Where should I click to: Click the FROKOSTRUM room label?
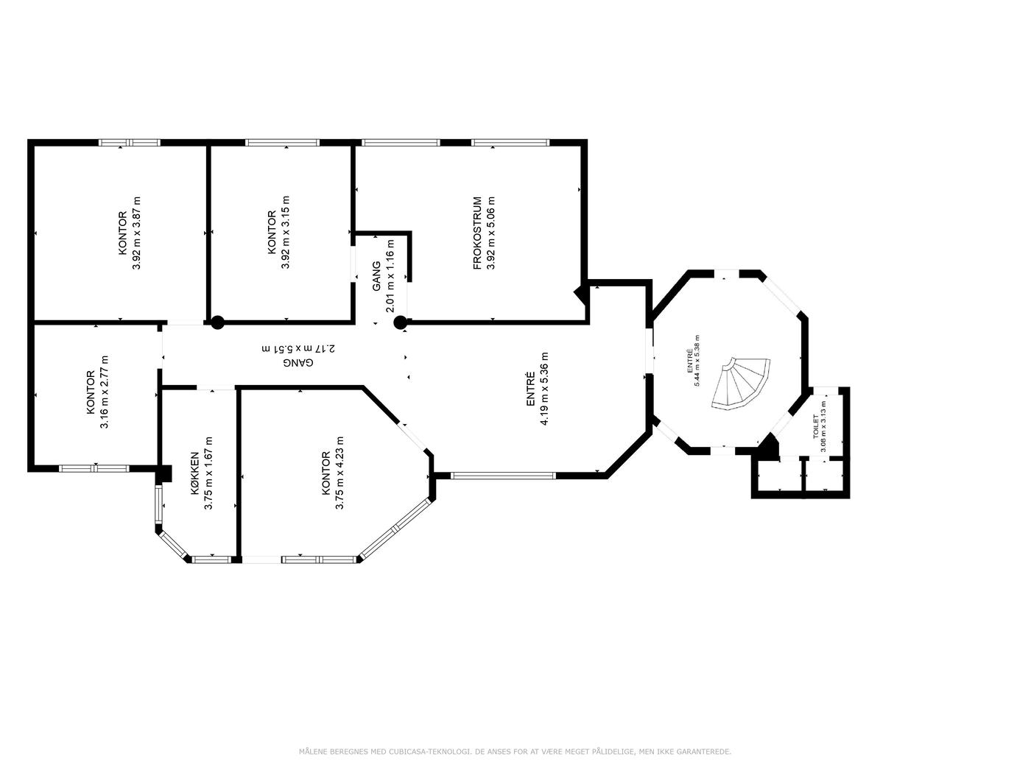(478, 233)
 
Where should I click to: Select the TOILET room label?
(816, 426)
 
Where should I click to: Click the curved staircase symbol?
(741, 384)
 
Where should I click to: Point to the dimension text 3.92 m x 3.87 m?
(136, 233)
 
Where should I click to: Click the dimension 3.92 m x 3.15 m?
(285, 233)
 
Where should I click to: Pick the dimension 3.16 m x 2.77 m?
(105, 392)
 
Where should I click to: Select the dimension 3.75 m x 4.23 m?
(339, 473)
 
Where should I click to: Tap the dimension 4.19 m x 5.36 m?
(544, 389)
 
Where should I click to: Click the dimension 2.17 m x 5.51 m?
(298, 349)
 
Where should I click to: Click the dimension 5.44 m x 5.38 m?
(697, 361)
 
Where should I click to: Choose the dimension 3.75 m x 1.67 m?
(208, 473)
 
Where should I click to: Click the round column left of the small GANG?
(217, 322)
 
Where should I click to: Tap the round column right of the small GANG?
(400, 322)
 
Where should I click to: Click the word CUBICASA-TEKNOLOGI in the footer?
(429, 752)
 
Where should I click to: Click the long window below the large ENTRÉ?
(503, 476)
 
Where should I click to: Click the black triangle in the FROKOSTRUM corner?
(581, 294)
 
